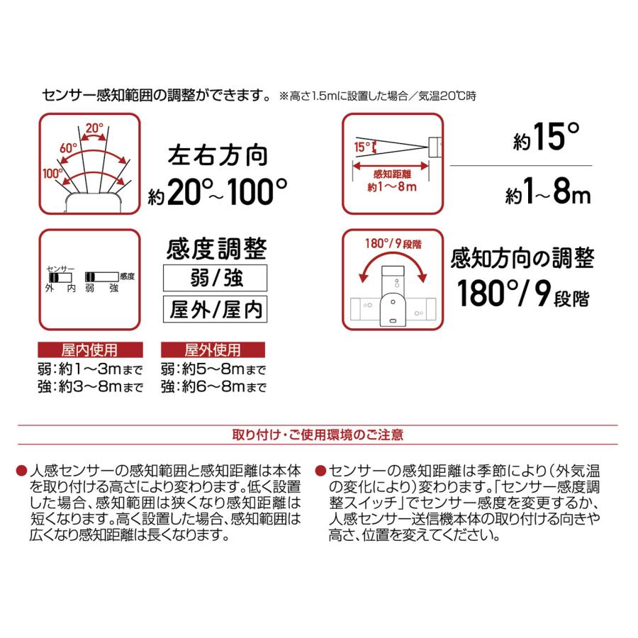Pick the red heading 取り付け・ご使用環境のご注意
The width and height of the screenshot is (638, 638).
click(x=318, y=432)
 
